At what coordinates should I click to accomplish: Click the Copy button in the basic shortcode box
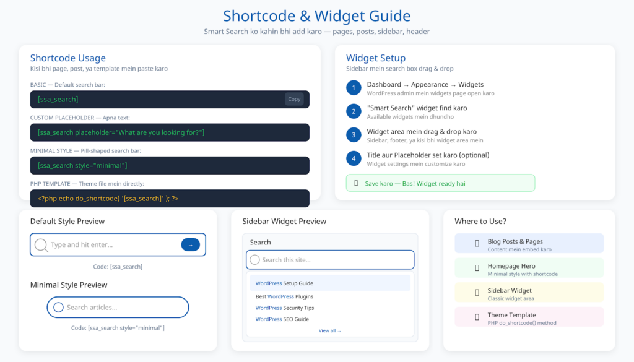tap(294, 99)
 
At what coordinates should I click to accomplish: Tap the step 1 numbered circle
tap(354, 88)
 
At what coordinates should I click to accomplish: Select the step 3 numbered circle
tap(354, 135)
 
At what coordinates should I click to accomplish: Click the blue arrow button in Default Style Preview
tap(190, 244)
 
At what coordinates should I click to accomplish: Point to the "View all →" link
tap(330, 330)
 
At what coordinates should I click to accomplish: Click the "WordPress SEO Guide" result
tap(282, 319)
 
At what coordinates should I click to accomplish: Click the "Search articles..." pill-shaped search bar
tap(118, 308)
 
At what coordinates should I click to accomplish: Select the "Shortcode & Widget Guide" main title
tap(316, 15)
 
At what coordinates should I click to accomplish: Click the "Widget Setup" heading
tap(376, 58)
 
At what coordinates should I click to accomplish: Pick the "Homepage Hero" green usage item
tap(529, 269)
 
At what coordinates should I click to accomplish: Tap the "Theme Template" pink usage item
tap(529, 317)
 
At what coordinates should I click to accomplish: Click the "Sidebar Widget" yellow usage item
tap(529, 293)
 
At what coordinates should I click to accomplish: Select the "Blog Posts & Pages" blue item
tap(529, 244)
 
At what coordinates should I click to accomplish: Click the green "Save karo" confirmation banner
tap(440, 183)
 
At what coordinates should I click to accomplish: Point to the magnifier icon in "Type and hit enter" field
tap(41, 245)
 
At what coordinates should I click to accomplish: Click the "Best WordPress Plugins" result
tap(284, 296)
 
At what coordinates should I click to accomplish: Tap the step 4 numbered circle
tap(354, 158)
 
